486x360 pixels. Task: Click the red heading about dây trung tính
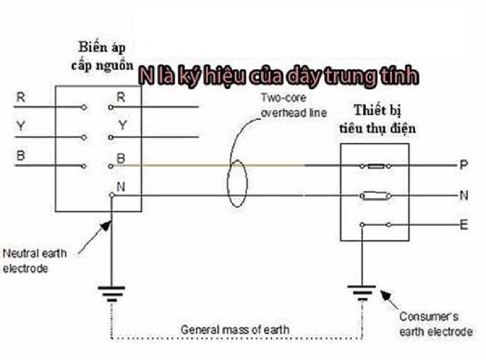click(x=277, y=76)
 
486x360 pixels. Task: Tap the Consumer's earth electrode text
click(x=435, y=324)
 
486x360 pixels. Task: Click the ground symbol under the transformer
click(x=112, y=294)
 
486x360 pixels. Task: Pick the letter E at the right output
click(x=464, y=226)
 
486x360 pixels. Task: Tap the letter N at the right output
click(x=464, y=196)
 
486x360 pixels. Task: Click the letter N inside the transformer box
click(x=121, y=187)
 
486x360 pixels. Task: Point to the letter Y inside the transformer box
click(x=122, y=125)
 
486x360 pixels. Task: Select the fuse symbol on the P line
click(x=375, y=165)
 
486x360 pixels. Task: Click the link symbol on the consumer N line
click(x=375, y=196)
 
